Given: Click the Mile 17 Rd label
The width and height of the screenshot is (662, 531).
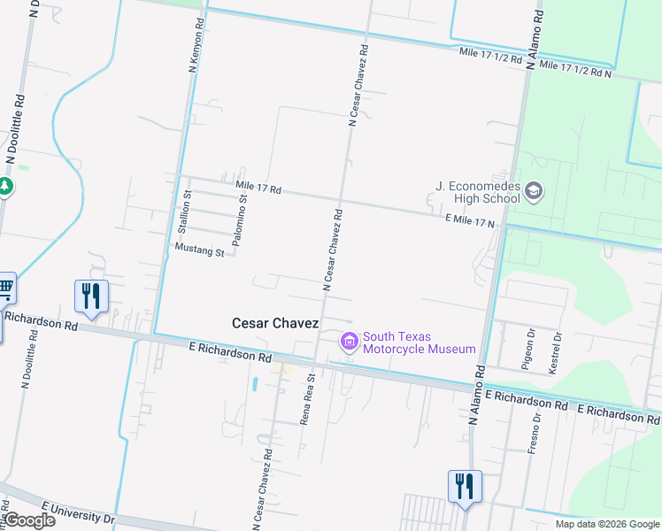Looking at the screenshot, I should [258, 188].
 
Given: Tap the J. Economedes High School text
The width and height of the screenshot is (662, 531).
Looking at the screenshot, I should [478, 192].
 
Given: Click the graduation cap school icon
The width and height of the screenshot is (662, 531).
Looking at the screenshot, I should [534, 190].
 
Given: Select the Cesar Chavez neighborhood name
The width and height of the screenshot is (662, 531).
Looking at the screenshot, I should [274, 324].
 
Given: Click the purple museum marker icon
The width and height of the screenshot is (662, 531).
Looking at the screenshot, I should [349, 341].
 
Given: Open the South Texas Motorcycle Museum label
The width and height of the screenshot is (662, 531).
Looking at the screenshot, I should [420, 342].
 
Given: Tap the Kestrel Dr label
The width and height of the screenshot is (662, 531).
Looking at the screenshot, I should [557, 352].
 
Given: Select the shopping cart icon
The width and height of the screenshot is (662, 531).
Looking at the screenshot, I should [5, 287].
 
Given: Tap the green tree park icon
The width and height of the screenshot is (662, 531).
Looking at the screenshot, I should [4, 187].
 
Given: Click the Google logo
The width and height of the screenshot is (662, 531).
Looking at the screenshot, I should [29, 520].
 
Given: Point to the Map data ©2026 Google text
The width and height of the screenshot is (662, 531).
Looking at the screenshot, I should [606, 524].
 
